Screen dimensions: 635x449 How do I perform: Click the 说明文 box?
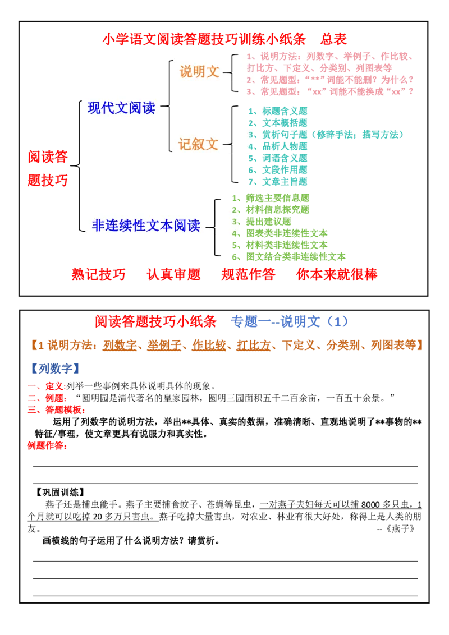tap(200, 71)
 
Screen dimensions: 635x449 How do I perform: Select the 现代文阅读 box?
tap(122, 108)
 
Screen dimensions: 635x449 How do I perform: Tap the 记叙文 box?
tap(199, 144)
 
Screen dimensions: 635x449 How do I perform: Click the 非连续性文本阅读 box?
tap(146, 225)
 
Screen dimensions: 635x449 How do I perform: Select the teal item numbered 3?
tap(326, 135)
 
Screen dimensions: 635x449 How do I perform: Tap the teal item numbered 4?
tap(278, 146)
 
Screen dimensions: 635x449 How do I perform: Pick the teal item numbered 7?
tap(278, 182)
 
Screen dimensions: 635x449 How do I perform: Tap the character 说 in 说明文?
tap(186, 71)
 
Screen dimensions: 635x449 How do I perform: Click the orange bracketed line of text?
tap(228, 346)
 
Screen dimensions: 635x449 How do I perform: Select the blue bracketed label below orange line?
tap(56, 369)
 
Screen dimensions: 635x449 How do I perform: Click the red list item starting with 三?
tap(56, 410)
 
